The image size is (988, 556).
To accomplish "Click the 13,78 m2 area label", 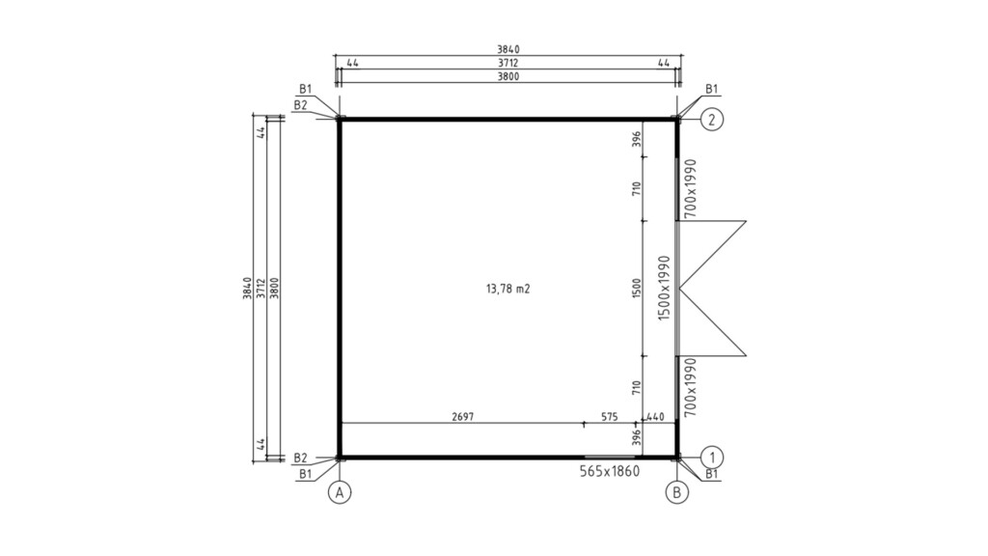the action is (x=508, y=289).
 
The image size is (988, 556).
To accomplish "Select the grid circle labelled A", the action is (x=340, y=492).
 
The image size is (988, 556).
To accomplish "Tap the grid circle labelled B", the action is (x=676, y=492).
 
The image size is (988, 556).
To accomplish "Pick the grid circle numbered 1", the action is (x=712, y=457).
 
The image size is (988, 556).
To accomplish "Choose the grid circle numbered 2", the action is (x=712, y=119).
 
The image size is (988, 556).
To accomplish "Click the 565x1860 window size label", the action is (x=610, y=471).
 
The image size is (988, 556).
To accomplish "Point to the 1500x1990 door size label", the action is (x=664, y=288).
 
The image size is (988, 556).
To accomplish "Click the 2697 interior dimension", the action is (x=462, y=417).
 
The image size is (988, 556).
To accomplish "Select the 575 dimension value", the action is (x=610, y=417).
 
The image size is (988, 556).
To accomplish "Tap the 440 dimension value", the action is (x=655, y=417).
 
